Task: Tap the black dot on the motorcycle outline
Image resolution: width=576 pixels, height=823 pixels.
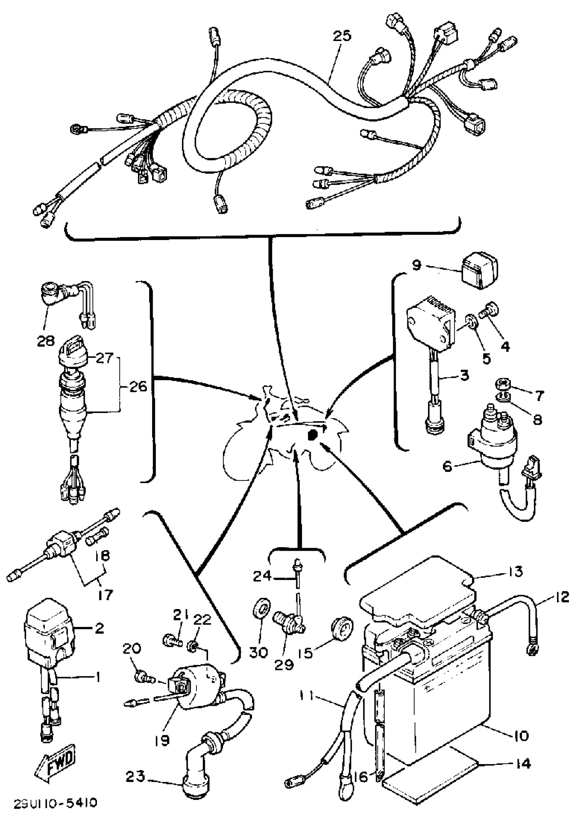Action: coord(312,435)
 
